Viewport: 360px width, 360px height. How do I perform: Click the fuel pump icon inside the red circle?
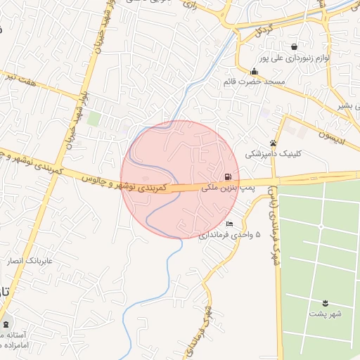pos(227,177)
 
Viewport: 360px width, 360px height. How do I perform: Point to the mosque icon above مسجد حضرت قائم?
pos(254,71)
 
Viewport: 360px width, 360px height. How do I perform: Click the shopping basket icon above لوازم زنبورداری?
pos(302,46)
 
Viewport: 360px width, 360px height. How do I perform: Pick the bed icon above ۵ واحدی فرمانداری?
pos(229,224)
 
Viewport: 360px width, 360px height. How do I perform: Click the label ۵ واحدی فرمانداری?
pos(230,234)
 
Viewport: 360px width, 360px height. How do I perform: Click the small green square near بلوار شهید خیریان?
pos(94,119)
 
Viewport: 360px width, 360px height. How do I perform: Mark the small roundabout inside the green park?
pos(321,226)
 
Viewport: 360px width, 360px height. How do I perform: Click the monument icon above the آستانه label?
pos(7,324)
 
